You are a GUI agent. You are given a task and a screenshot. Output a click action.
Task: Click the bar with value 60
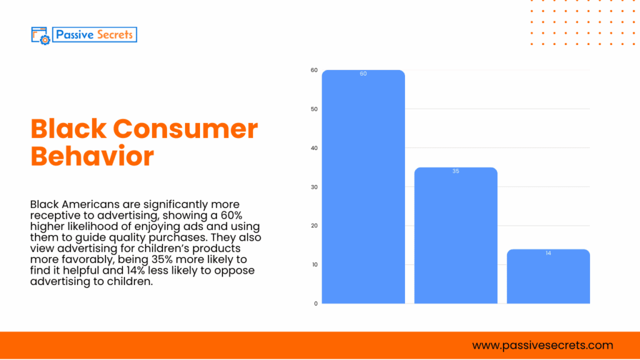tap(363, 187)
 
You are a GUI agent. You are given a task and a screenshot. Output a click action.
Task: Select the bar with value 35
tap(456, 237)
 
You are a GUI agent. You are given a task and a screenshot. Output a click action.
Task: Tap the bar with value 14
tap(548, 278)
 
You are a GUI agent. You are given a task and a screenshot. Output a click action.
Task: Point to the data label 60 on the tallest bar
tap(363, 74)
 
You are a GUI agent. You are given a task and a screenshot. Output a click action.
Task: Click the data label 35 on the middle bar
tap(456, 171)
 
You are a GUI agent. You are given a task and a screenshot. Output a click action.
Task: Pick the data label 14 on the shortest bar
tap(548, 253)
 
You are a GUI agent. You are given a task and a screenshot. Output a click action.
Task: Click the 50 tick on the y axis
tap(314, 109)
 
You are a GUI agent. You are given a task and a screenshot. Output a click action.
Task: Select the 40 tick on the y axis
tap(314, 148)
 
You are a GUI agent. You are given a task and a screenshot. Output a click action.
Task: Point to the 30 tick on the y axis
tap(314, 187)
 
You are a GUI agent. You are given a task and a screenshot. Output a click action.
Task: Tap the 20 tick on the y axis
tap(314, 226)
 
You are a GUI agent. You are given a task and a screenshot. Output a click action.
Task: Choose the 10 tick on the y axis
tap(314, 264)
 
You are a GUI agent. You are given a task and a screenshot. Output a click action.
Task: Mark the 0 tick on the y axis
tap(316, 303)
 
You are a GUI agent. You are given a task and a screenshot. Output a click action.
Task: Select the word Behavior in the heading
tap(92, 156)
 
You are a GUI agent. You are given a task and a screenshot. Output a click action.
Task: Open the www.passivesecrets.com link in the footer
tap(542, 345)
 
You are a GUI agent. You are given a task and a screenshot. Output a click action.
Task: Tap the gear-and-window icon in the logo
tap(41, 35)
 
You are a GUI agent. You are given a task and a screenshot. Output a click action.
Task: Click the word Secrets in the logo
tap(114, 34)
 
